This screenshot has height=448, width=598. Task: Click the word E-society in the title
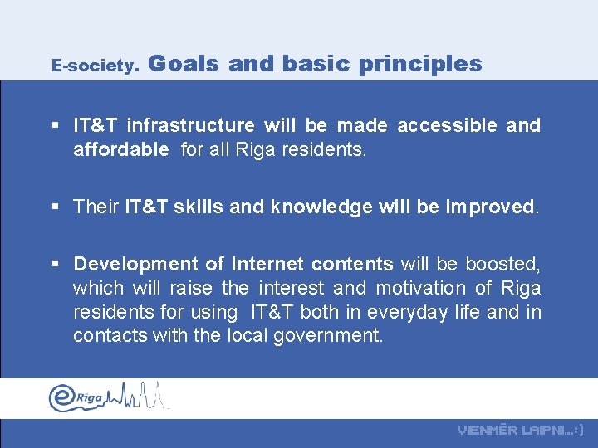pyautogui.click(x=92, y=65)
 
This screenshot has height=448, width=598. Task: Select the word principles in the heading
pyautogui.click(x=420, y=64)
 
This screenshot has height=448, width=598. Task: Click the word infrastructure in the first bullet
pyautogui.click(x=190, y=125)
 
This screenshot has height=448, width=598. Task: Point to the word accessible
pyautogui.click(x=447, y=125)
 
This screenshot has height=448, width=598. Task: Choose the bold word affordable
pyautogui.click(x=120, y=150)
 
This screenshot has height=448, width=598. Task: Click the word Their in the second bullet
pyautogui.click(x=96, y=207)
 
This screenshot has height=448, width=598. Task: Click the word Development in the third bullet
pyautogui.click(x=136, y=264)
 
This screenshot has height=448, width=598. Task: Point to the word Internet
pyautogui.click(x=267, y=264)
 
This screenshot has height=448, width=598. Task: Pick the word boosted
pyautogui.click(x=502, y=264)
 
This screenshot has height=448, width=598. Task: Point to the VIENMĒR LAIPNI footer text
pyautogui.click(x=521, y=430)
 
